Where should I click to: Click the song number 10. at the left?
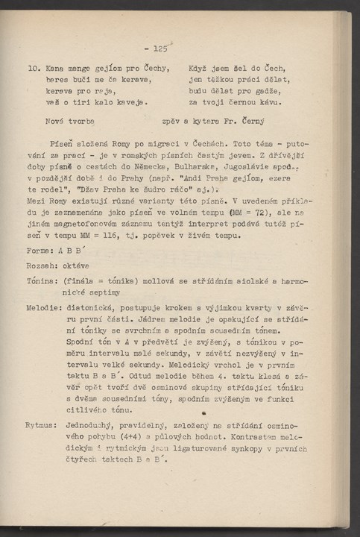(34, 69)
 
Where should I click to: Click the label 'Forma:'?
(40, 230)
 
